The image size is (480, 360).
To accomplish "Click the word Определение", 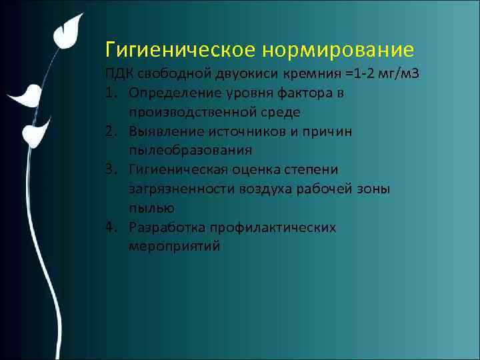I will [x=169, y=92].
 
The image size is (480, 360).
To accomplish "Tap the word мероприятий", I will [x=174, y=247].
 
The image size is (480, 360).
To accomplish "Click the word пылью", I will [x=147, y=208].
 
